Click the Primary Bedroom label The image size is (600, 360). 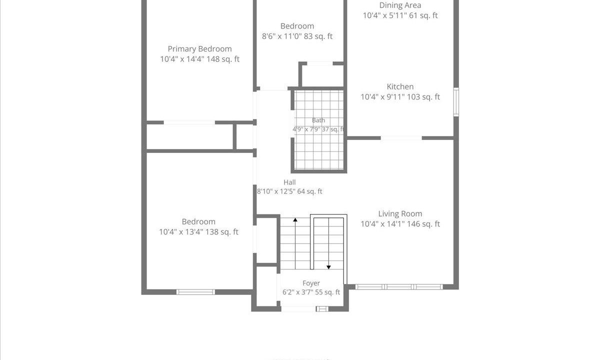coord(199,49)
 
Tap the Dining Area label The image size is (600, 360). coord(400,5)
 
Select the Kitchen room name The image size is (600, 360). coord(400,86)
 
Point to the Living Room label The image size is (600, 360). coord(400,214)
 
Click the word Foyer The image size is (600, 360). coord(311,283)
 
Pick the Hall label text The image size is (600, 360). coord(289,182)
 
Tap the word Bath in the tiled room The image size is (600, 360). coord(318,120)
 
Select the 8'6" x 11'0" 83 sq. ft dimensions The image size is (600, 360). coord(297,36)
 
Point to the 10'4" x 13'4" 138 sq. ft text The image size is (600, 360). coord(199,232)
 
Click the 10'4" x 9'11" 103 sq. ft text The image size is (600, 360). coord(400,97)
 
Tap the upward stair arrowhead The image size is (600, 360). coord(295,219)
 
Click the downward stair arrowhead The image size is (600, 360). coord(328,267)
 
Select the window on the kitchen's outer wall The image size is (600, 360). coord(456,102)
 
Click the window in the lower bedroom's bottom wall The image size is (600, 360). coord(195,292)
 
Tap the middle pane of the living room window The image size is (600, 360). coord(399,287)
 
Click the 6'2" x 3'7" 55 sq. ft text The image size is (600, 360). coord(311,292)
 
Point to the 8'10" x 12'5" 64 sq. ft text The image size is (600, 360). coord(289,191)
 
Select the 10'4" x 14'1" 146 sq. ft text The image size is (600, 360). coord(400,224)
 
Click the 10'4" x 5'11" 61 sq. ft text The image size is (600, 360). coord(400,15)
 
